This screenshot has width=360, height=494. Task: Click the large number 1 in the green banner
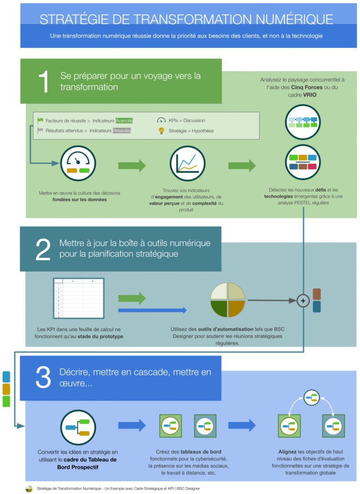[x=44, y=81]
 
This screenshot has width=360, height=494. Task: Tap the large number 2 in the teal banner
[x=43, y=249]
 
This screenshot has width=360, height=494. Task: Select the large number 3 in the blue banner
[x=43, y=377]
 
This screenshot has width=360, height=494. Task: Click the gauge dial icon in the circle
[x=78, y=163]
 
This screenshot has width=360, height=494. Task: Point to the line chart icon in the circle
[x=188, y=163]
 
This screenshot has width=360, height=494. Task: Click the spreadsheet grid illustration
[x=79, y=298]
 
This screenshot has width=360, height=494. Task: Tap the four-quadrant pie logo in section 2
[x=228, y=300]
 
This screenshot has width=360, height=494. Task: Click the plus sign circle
[x=303, y=301]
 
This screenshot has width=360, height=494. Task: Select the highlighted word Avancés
[x=124, y=121]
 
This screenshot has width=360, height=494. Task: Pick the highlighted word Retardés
[x=122, y=130]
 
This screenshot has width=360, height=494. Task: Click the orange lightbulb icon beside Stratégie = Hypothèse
[x=161, y=131]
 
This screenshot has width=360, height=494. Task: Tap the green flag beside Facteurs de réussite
[x=40, y=120]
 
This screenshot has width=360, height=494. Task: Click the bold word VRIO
[x=310, y=95]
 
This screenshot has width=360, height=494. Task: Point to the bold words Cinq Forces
[x=307, y=87]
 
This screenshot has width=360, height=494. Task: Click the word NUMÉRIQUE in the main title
[x=294, y=20]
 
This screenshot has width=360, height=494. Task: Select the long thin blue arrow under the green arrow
[x=152, y=310]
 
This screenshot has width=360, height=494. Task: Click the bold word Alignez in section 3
[x=287, y=452]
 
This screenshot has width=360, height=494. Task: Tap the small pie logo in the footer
[x=29, y=489]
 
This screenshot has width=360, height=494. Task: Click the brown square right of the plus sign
[x=317, y=294]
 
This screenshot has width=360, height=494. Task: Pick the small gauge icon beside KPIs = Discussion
[x=161, y=120]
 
